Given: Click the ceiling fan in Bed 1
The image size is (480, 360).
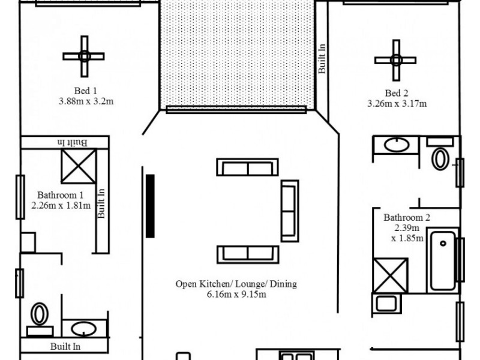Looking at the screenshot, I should click(84, 56).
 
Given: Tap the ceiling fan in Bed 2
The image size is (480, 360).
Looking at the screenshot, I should click(395, 59).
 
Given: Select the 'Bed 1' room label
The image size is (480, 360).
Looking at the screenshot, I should click(85, 91).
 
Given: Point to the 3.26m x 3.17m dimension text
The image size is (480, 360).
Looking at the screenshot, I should click(397, 103).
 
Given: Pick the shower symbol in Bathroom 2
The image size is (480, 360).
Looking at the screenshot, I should click(390, 275).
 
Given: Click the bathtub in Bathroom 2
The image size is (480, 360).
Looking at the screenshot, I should click(443, 260).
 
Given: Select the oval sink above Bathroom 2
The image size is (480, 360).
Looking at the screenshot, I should click(395, 144).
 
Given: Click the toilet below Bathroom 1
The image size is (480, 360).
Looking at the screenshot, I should click(40, 314).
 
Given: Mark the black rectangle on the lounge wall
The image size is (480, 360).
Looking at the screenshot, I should click(150, 206).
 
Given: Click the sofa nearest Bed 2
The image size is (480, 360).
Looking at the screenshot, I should click(289, 210).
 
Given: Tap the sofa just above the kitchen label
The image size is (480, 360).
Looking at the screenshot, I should click(247, 254).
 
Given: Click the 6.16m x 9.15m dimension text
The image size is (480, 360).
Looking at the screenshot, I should click(236, 294).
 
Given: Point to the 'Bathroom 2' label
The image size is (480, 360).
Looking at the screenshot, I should click(407, 218).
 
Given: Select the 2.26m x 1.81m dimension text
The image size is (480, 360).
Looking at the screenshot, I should click(61, 205).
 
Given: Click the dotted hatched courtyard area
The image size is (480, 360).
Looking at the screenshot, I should click(237, 54).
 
